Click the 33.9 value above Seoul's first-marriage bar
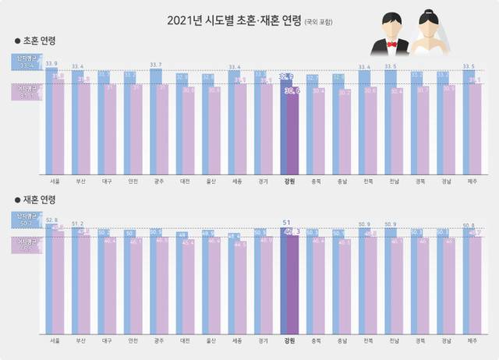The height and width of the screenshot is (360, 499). tap(51, 63)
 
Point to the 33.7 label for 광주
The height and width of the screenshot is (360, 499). tap(155, 65)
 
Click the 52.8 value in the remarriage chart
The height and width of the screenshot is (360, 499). tap(51, 220)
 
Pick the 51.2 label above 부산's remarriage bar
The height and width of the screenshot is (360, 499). tap(77, 224)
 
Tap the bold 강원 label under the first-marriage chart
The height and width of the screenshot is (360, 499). tap(289, 183)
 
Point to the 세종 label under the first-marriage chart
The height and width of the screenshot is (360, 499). tap(238, 183)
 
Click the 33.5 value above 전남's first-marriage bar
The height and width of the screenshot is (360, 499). tap(391, 67)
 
